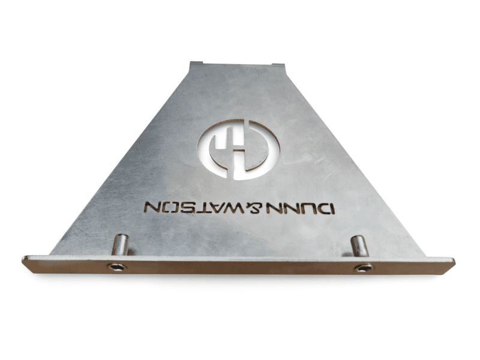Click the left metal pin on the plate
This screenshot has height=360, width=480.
[121, 245]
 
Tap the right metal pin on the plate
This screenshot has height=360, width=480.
[359, 246]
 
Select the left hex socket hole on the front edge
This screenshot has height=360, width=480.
[116, 267]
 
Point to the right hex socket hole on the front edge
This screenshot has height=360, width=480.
[364, 268]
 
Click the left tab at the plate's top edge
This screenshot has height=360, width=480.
[196, 63]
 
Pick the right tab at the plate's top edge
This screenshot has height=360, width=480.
[278, 65]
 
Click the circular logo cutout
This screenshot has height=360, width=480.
[239, 149]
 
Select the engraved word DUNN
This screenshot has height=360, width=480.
[300, 208]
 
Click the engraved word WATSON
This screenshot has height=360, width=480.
[194, 207]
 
